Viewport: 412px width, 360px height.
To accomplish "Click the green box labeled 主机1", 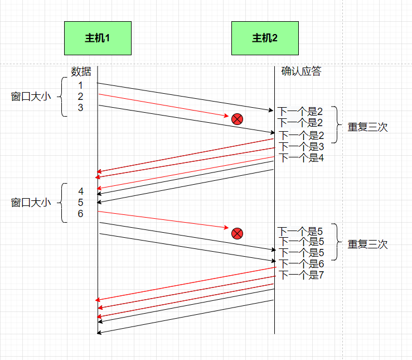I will pos(98,38).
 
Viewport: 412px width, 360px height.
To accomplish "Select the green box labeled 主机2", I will pos(265,38).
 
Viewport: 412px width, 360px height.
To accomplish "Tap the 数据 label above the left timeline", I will pos(81,71).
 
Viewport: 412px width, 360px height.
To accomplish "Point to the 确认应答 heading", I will pos(301,71).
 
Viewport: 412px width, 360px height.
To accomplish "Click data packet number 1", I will pos(80,85).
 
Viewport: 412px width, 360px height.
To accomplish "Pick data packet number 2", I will pos(80,97).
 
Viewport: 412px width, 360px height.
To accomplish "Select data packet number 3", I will pos(80,108).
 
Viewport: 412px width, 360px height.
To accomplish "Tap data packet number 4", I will pos(80,191).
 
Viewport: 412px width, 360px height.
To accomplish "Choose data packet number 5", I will pos(80,203).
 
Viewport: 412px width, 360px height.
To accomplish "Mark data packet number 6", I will pos(80,214).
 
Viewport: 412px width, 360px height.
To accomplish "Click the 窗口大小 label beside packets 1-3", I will pos(31,97).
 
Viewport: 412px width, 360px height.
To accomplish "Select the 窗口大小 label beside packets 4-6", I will pos(31,202).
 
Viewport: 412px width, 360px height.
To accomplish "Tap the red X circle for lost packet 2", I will pos(237,118).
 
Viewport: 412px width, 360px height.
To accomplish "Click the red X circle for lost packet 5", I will pos(237,233).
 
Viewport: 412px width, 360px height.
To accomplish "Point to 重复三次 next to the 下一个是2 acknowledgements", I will pos(367,127).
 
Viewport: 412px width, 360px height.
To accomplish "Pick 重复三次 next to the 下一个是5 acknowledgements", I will pos(367,244).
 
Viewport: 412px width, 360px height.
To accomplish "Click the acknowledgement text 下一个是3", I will pos(301,146).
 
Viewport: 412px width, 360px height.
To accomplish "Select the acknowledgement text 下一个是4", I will pos(301,157).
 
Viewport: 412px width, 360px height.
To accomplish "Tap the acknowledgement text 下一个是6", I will pos(301,263).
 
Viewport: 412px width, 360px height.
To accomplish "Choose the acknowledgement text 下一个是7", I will pos(301,275).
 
